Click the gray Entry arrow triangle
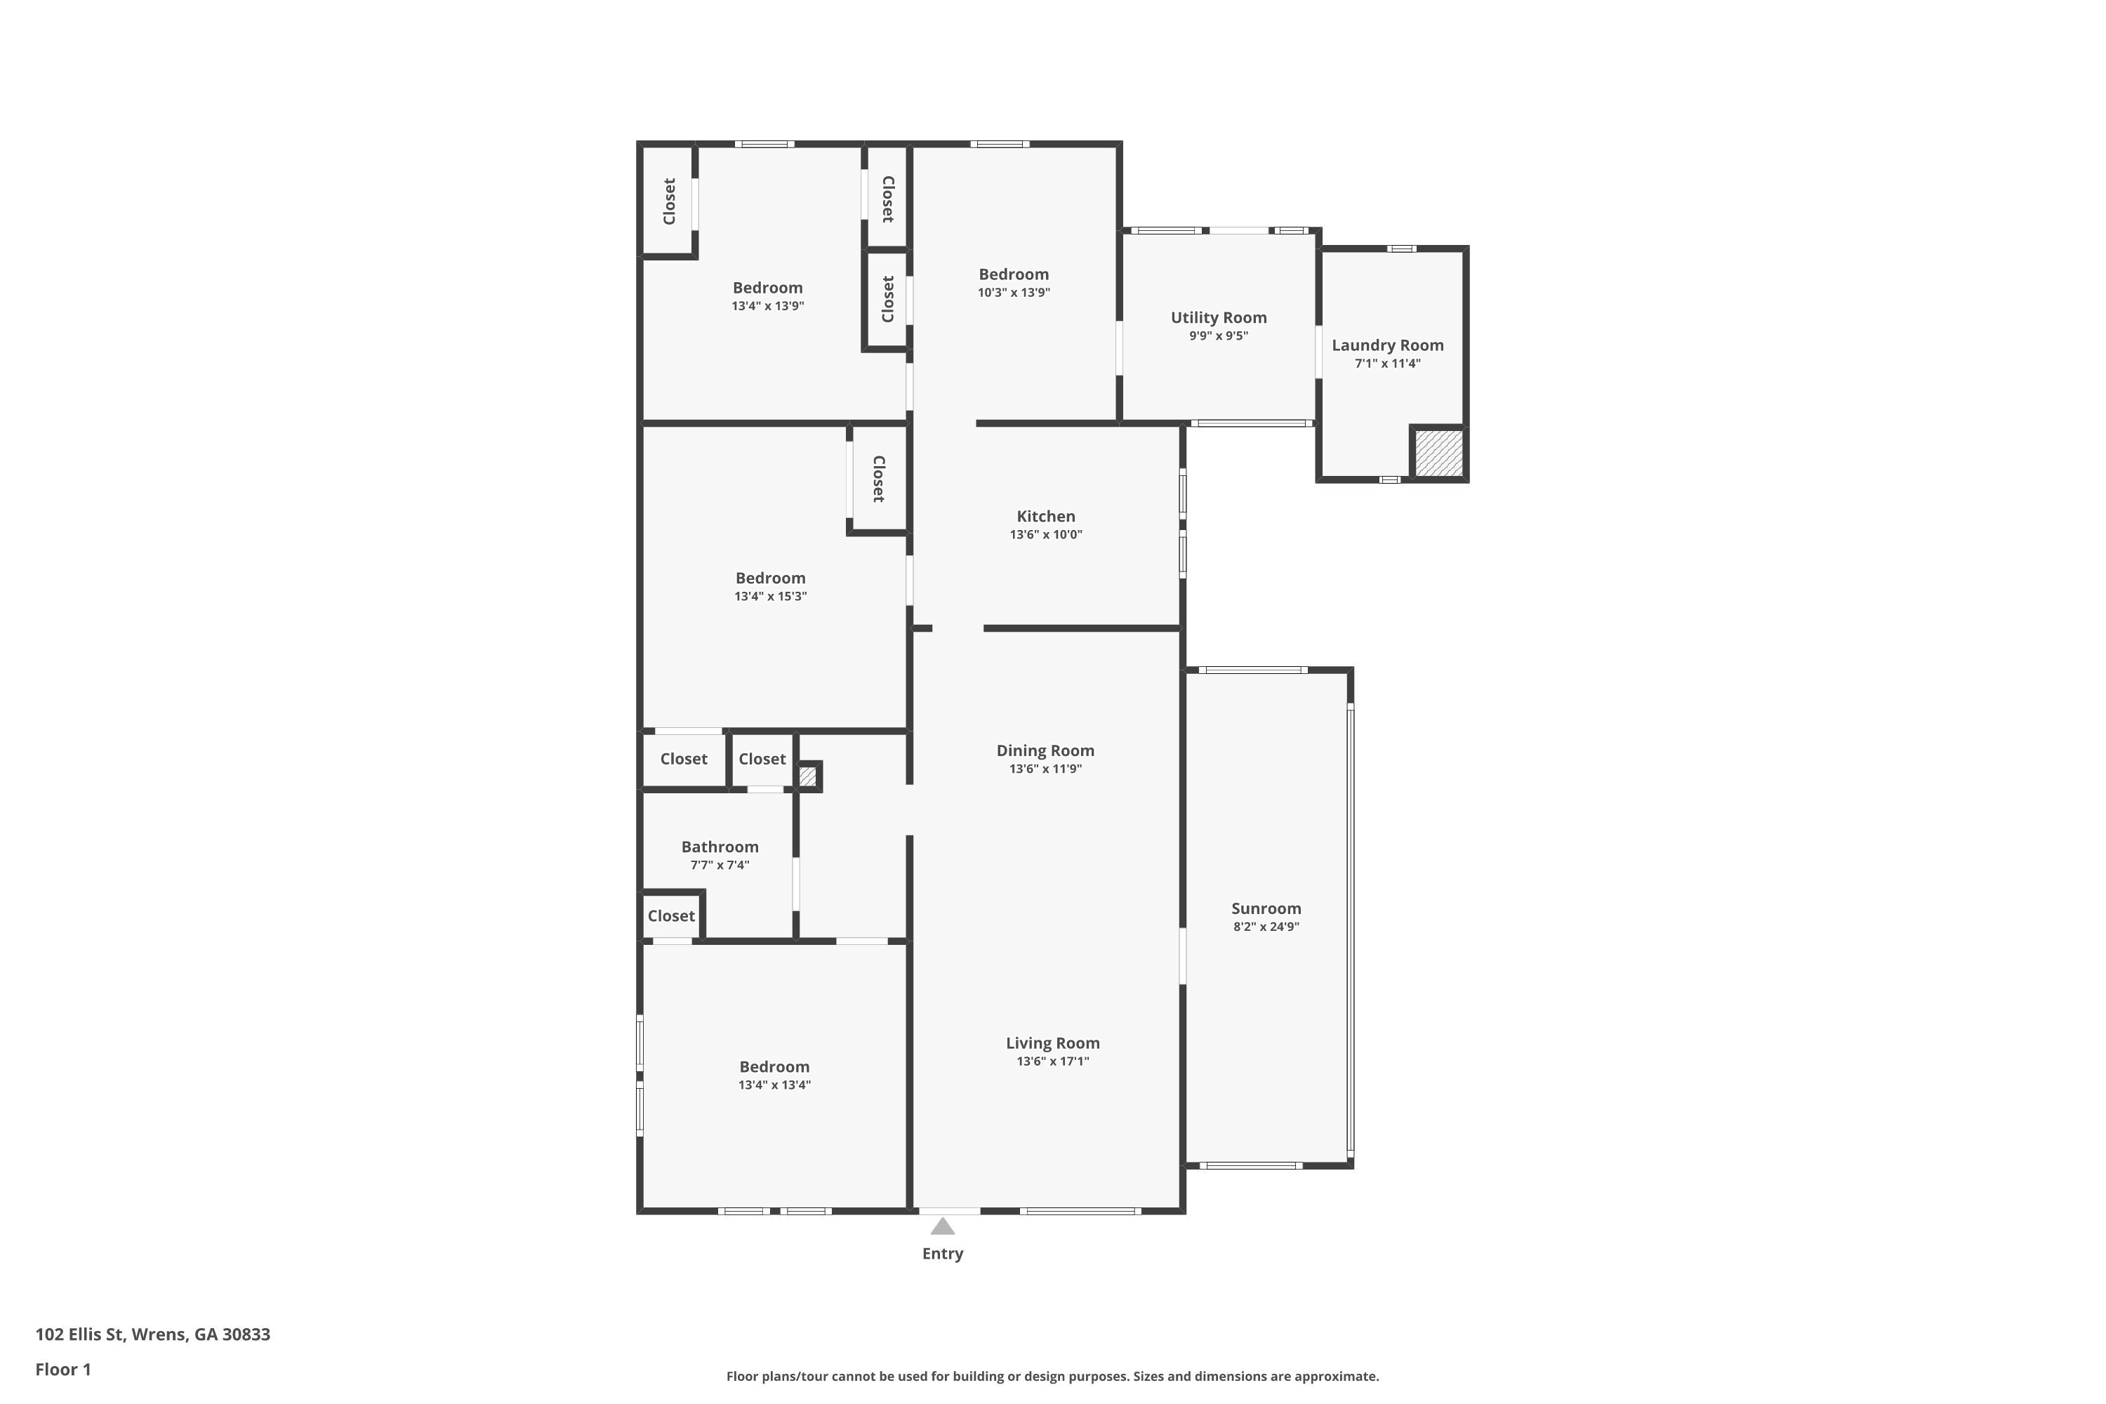(x=942, y=1226)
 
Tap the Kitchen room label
(x=1045, y=517)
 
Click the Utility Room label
(x=1218, y=318)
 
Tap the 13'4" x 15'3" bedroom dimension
(x=770, y=596)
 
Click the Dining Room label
(x=1045, y=751)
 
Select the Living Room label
(x=1052, y=1043)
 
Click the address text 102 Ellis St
(x=152, y=1335)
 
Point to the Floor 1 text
(x=62, y=1369)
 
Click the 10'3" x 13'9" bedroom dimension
(x=1013, y=293)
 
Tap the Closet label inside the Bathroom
(x=670, y=916)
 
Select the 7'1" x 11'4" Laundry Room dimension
(x=1387, y=364)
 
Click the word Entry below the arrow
(x=942, y=1254)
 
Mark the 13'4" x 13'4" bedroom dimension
(x=774, y=1085)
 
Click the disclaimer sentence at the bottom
(x=1052, y=1376)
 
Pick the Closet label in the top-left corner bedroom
(x=669, y=201)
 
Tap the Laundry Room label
(x=1387, y=345)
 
